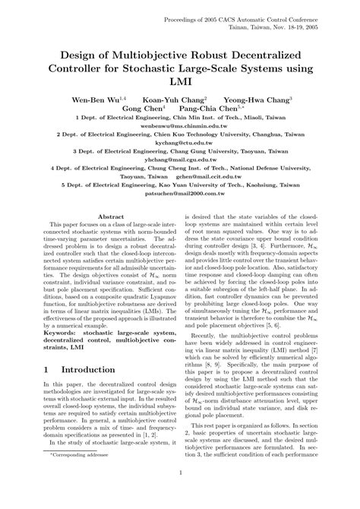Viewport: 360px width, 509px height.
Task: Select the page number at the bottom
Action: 180,492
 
